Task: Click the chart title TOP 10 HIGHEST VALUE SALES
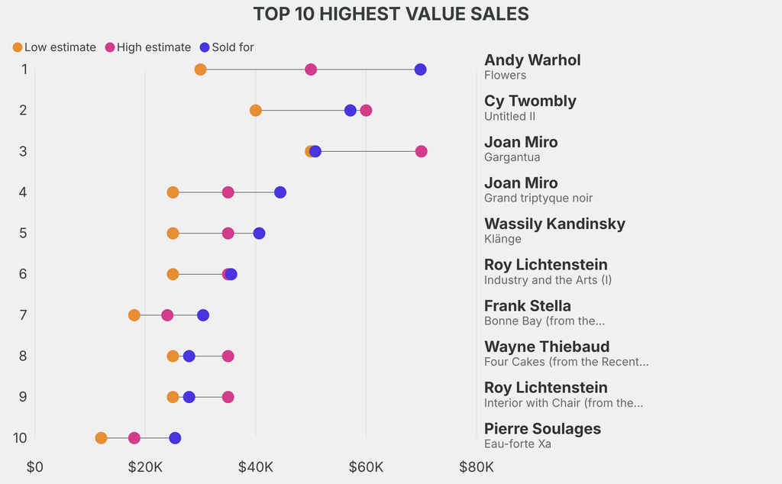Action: click(391, 15)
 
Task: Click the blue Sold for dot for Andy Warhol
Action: click(420, 69)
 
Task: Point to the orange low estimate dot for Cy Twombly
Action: click(256, 111)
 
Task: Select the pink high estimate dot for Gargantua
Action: click(421, 151)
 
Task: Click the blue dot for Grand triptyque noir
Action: click(280, 192)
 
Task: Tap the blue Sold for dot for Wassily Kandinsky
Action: click(260, 233)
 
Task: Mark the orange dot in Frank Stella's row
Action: click(134, 315)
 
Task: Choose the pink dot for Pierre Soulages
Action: click(134, 438)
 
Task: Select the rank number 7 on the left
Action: click(24, 315)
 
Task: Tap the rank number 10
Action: click(21, 438)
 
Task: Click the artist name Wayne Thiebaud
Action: click(547, 347)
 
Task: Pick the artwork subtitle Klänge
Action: click(502, 239)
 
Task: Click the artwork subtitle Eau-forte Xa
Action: click(518, 444)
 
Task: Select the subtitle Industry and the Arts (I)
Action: click(548, 280)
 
